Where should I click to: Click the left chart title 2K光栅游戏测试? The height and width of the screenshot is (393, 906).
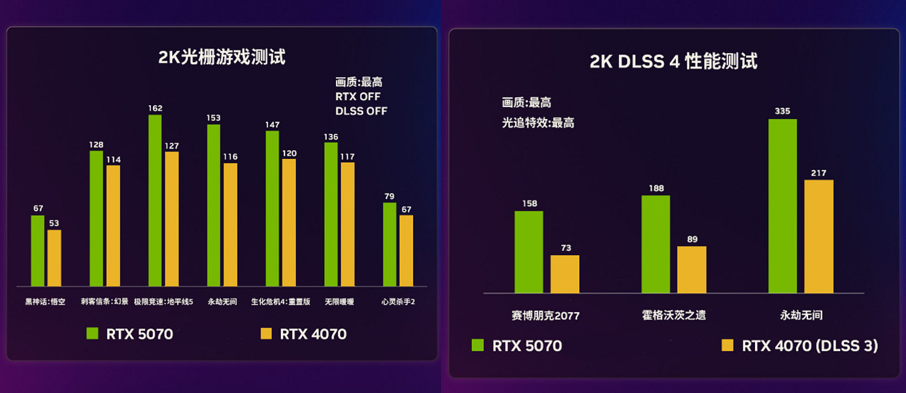(x=222, y=58)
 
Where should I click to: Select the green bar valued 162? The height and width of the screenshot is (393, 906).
(x=155, y=201)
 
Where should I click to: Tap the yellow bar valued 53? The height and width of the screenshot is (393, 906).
(x=54, y=258)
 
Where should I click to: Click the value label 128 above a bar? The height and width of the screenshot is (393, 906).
(x=96, y=145)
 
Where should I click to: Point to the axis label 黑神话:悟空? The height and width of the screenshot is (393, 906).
(x=45, y=302)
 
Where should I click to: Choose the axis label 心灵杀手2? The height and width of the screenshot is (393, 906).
(x=398, y=302)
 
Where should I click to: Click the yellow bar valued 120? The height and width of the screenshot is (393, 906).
(x=289, y=222)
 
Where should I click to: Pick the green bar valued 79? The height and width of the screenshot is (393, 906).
(x=390, y=244)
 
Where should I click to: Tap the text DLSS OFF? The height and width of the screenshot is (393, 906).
(x=361, y=111)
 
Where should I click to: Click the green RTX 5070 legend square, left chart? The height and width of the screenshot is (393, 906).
(x=92, y=333)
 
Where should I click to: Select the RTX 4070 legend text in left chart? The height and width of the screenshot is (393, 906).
(x=313, y=334)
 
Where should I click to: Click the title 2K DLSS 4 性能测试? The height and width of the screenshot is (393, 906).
(x=673, y=62)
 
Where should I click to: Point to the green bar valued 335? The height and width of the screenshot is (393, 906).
(x=782, y=206)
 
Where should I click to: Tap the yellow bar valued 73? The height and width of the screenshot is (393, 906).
(x=565, y=274)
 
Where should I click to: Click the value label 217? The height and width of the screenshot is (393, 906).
(x=818, y=174)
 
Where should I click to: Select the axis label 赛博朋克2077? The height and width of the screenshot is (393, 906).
(x=545, y=316)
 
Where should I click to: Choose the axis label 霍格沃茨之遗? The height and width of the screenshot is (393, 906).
(x=673, y=316)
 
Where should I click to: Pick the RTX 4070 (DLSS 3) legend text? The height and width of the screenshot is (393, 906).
(x=809, y=346)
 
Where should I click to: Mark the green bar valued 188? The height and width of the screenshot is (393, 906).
(x=655, y=244)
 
